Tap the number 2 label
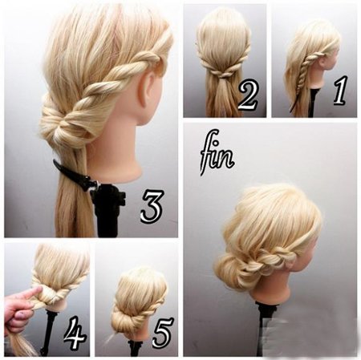tap(248, 95)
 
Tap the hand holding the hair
tap(20, 309)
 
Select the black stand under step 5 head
tap(134, 346)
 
